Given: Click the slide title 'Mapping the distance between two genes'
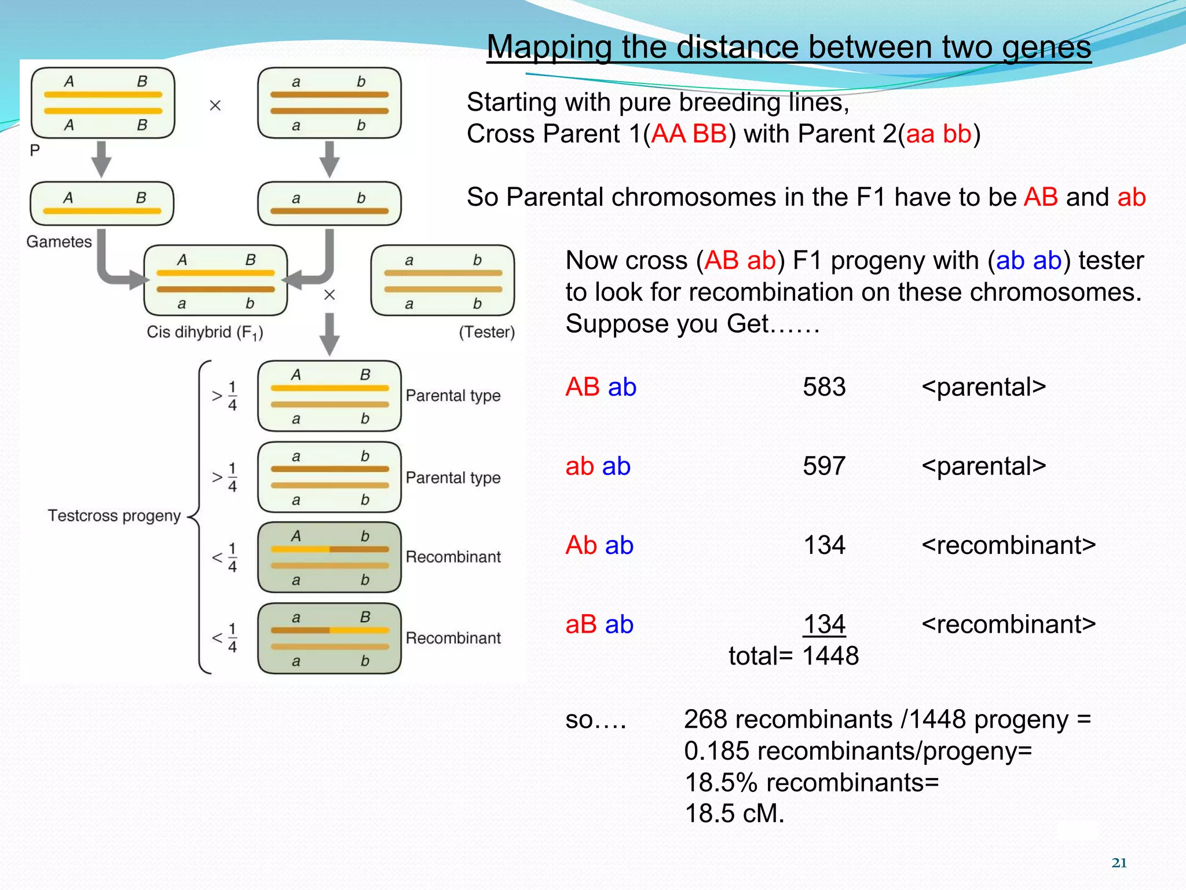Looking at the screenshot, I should coord(789,48).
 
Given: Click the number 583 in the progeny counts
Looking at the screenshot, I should coord(824,387).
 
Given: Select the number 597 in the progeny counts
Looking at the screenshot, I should coord(824,466).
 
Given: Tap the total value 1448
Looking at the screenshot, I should coord(830,656).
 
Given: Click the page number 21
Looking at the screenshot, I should coord(1119,863).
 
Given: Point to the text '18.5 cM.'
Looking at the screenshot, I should coord(734,814).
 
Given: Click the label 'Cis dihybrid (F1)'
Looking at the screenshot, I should coord(205,333).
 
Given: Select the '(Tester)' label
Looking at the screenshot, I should coord(486,332).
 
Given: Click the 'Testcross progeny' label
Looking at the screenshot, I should coord(114,516).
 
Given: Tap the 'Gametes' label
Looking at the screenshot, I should coord(59,242).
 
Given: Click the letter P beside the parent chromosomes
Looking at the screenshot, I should coord(35,151).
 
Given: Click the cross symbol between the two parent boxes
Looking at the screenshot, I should coord(215,105).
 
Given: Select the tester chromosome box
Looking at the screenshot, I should coord(442,281).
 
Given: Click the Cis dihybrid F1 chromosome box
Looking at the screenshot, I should coord(215,281).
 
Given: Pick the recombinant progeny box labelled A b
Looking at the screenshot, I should coord(329,557).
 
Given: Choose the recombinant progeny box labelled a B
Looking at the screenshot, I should coord(329,639).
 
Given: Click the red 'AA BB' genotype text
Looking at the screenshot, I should coord(689,134).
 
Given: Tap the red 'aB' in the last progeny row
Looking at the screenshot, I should coord(581,625).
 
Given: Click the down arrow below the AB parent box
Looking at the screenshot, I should coord(102,159).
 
